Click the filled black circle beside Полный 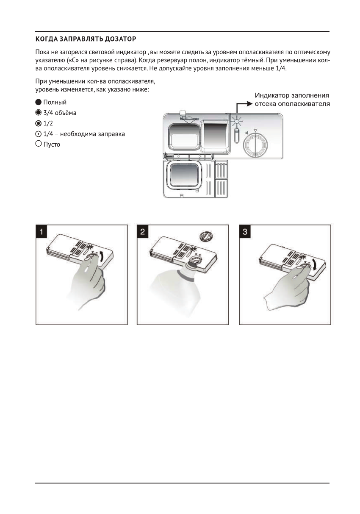[39, 102]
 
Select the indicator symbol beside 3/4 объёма [39, 113]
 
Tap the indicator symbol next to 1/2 [39, 123]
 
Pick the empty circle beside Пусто [39, 144]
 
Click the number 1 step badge [41, 231]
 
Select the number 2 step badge [144, 231]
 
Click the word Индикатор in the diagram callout [271, 96]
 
